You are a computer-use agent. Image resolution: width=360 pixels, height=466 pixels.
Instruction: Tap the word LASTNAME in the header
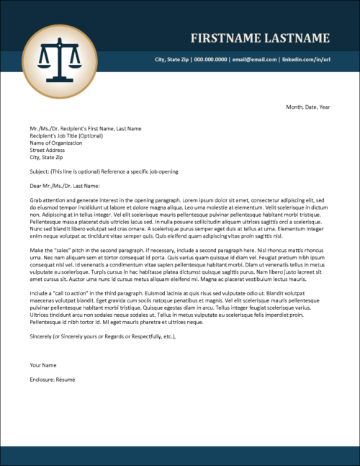coord(298,38)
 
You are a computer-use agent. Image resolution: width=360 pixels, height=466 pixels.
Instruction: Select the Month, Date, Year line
coord(307,107)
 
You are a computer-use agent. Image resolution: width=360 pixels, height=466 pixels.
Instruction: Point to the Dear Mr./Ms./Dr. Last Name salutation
coord(66,186)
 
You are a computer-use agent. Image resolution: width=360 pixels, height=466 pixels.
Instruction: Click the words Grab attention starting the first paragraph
coord(48,200)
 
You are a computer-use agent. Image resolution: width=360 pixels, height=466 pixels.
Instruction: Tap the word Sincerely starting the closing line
coord(42,336)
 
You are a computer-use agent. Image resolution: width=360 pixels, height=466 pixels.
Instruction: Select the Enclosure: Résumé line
coord(53,379)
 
